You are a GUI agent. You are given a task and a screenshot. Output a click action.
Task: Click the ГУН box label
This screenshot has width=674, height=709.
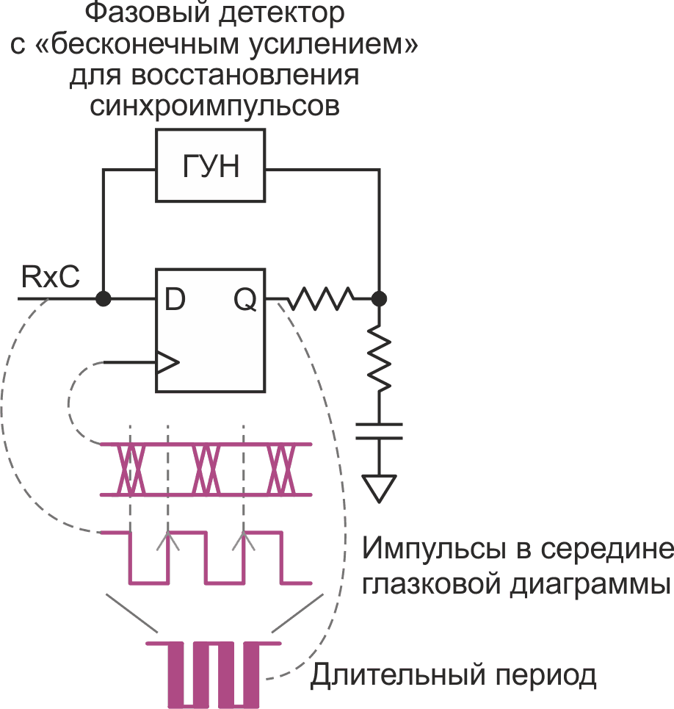pyautogui.click(x=211, y=168)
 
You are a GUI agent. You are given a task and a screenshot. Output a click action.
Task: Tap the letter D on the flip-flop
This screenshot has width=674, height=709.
pyautogui.click(x=174, y=299)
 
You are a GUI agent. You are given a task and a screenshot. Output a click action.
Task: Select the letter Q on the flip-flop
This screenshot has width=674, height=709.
pyautogui.click(x=245, y=299)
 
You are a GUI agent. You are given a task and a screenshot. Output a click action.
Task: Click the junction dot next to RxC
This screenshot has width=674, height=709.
pyautogui.click(x=104, y=299)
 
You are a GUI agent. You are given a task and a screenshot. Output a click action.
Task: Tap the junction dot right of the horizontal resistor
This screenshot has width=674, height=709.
pyautogui.click(x=379, y=299)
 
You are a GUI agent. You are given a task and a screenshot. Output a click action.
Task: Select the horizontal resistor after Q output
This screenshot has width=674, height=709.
pyautogui.click(x=322, y=299)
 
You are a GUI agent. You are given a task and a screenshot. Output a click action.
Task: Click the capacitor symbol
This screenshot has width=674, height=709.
pyautogui.click(x=379, y=431)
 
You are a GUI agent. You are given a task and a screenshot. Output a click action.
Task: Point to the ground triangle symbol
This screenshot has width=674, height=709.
pyautogui.click(x=379, y=487)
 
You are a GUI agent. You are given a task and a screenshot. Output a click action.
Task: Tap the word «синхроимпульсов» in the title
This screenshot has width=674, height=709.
pyautogui.click(x=214, y=105)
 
